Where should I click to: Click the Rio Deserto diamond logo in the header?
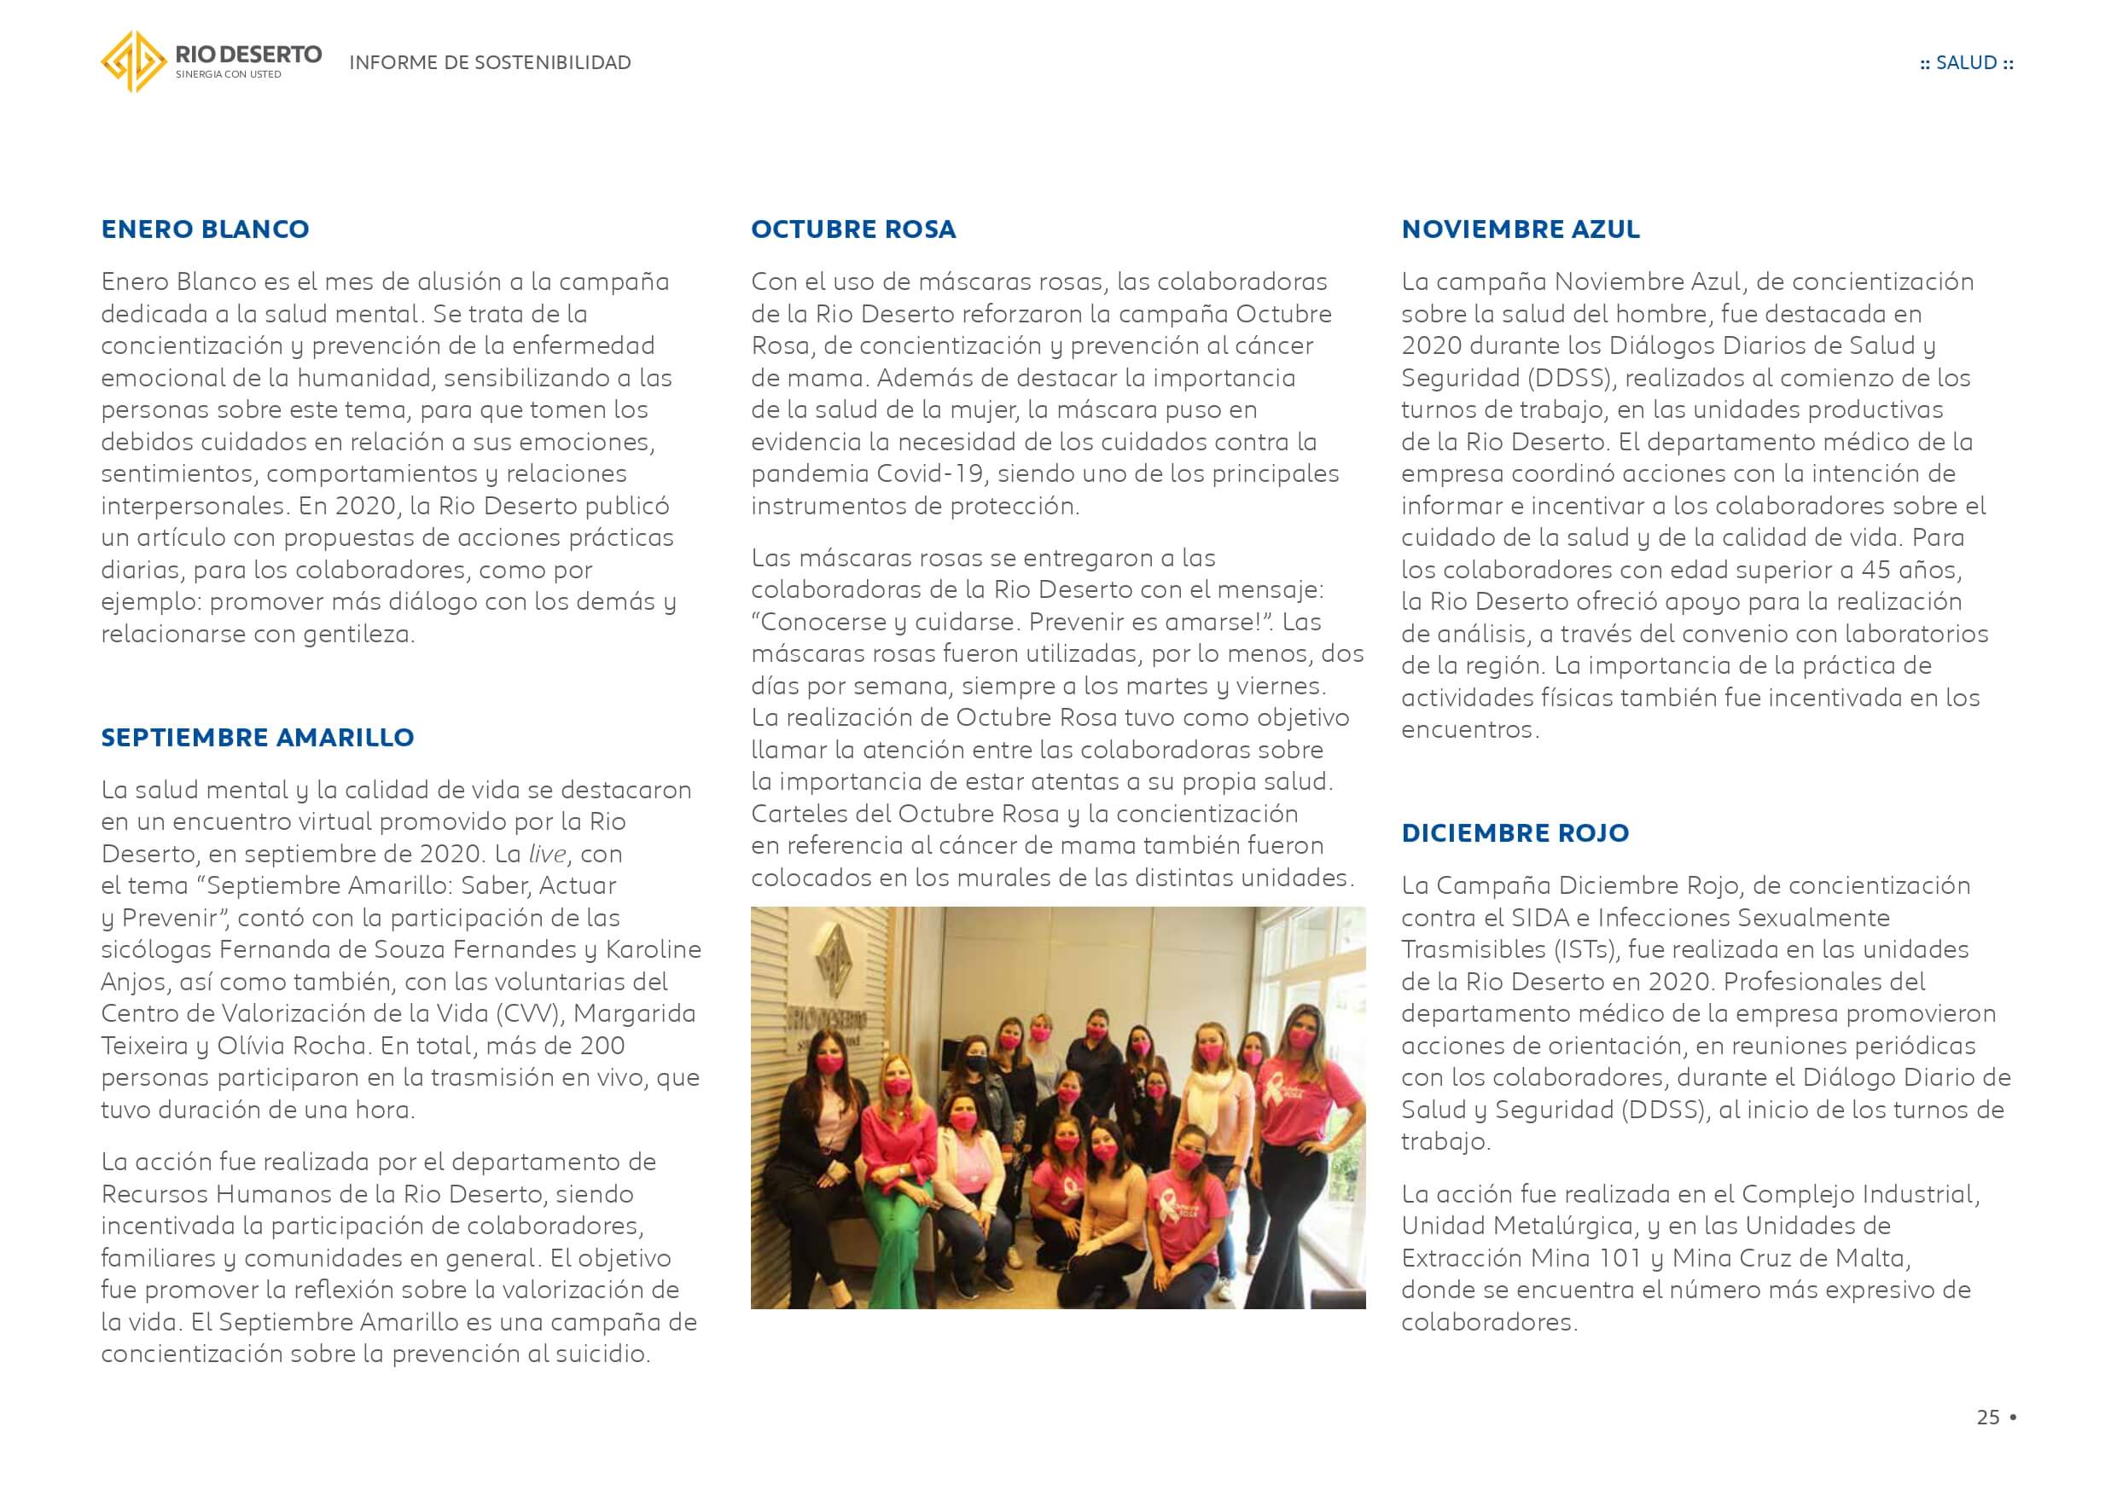pos(133,61)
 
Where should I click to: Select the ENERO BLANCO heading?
pos(205,229)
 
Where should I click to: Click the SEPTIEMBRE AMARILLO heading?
pos(257,738)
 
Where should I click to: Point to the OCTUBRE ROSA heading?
pos(853,229)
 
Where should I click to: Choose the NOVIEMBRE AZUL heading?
pos(1520,229)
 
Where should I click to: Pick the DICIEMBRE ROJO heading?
pos(1514,833)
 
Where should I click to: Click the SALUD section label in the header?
pos(1966,62)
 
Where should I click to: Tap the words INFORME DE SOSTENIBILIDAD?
pos(490,62)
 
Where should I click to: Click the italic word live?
pos(547,855)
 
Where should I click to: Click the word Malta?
pos(1875,1258)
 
